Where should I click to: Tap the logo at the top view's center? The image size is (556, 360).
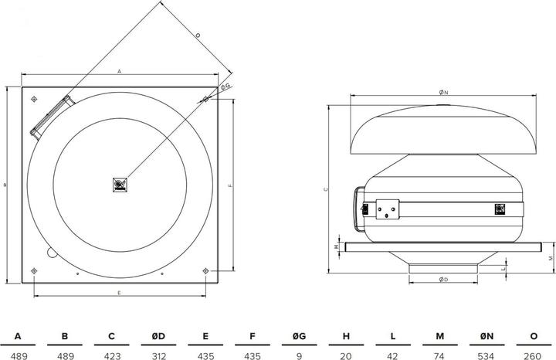click(120, 184)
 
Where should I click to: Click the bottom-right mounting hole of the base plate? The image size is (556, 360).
click(205, 270)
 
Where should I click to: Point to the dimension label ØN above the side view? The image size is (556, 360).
click(442, 92)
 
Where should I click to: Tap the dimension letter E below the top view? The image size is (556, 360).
click(119, 293)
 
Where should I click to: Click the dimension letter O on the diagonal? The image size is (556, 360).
click(197, 36)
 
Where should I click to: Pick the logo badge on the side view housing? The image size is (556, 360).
click(499, 208)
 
